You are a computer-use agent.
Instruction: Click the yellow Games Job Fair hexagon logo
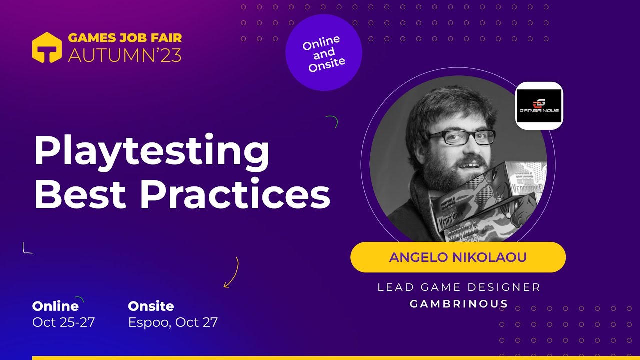(x=47, y=48)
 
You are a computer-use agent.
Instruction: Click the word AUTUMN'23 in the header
(x=125, y=55)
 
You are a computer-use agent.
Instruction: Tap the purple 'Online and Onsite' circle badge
(x=323, y=53)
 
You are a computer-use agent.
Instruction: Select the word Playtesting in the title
(x=151, y=151)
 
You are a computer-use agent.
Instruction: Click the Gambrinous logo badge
(x=539, y=106)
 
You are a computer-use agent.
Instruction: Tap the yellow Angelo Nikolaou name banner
(x=458, y=257)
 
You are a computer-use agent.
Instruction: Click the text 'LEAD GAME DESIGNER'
(x=459, y=287)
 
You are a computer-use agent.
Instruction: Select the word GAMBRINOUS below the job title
(x=459, y=304)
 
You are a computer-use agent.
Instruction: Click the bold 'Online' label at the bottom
(x=55, y=306)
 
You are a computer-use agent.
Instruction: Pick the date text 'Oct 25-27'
(x=63, y=322)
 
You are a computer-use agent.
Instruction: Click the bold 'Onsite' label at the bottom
(x=151, y=306)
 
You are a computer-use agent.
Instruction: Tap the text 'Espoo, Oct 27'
(x=173, y=322)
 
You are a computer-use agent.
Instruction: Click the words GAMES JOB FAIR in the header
(x=125, y=38)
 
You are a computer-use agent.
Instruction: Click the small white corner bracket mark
(x=27, y=248)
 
